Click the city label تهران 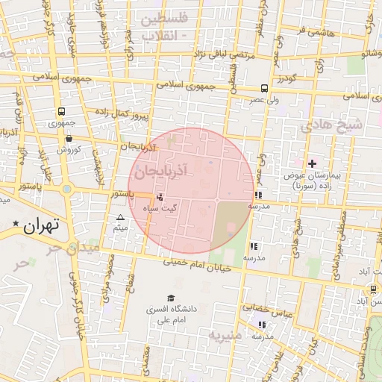(40, 225)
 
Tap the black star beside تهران (15, 224)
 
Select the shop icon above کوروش (69, 138)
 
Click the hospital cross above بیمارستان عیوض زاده (312, 163)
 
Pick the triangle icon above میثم (120, 218)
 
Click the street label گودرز (285, 78)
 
